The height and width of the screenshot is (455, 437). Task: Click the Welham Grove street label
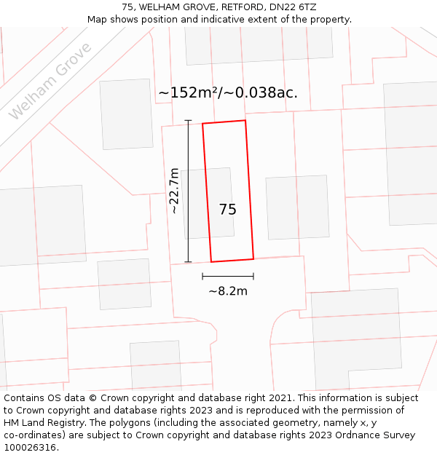[x=50, y=82]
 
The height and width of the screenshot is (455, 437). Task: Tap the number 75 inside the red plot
[x=227, y=210]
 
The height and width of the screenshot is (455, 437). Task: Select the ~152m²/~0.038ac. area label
[x=228, y=92]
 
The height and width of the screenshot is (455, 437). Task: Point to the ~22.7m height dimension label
[x=174, y=191]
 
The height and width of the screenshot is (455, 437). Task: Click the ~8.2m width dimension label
[x=228, y=291]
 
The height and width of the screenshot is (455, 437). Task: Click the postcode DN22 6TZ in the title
[x=291, y=7]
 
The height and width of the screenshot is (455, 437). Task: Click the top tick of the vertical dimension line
[x=188, y=120]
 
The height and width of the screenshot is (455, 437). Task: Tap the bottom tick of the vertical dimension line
[x=188, y=262]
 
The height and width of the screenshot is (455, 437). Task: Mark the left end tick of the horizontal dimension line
[x=202, y=277]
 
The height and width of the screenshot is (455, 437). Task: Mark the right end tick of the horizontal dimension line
[x=253, y=277]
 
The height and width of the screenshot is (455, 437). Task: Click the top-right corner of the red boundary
[x=245, y=120]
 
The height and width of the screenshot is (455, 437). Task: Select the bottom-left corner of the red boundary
[x=211, y=262]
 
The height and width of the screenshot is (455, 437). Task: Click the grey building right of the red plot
[x=297, y=207]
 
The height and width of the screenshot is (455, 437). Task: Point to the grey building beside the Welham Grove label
[x=126, y=114]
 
